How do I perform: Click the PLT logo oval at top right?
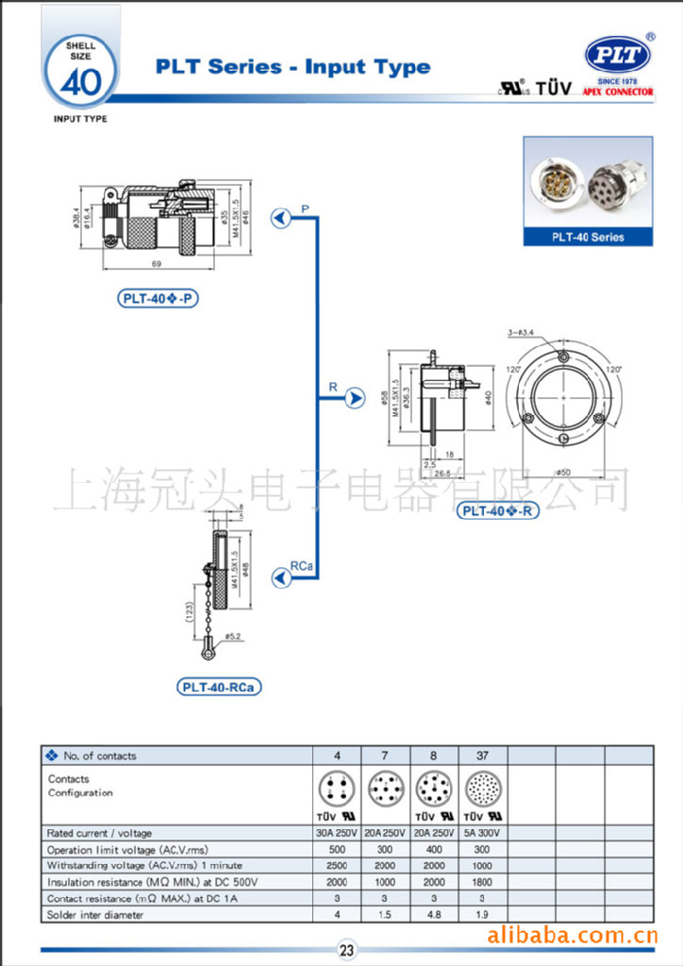(617, 56)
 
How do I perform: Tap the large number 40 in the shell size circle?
(80, 84)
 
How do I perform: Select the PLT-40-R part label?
(498, 511)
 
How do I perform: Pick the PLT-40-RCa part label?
(219, 687)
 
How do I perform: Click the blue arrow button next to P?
(280, 219)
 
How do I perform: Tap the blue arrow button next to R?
(355, 399)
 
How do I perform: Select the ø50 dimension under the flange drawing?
(563, 471)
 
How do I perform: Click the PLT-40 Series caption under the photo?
(588, 237)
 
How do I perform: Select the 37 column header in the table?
(483, 756)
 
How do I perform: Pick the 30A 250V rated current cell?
(337, 833)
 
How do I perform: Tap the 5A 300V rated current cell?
(483, 833)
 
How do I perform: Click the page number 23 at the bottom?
(346, 951)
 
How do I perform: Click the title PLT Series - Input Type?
(292, 67)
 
